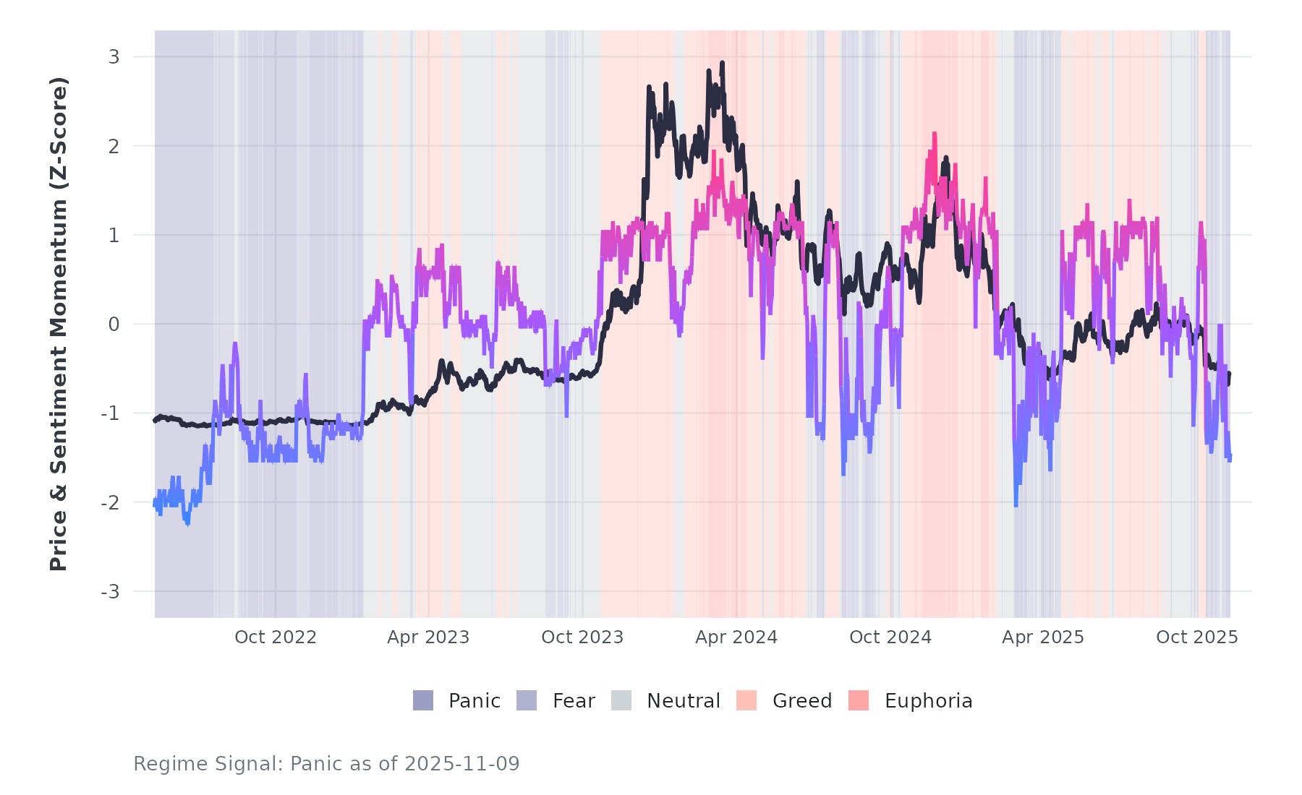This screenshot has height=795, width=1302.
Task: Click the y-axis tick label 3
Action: pos(114,57)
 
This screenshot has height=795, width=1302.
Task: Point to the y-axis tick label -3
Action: pos(111,592)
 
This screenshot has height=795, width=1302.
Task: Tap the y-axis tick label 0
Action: pos(114,325)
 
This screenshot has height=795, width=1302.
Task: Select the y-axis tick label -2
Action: pos(111,503)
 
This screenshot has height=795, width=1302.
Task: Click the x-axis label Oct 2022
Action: pos(276,637)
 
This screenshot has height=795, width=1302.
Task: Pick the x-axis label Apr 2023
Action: pos(428,637)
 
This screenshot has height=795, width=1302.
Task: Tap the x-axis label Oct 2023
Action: pos(582,637)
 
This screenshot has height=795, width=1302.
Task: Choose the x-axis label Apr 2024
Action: pos(736,637)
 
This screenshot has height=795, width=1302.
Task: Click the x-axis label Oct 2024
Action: pos(890,637)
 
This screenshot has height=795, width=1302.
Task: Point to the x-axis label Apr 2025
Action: pos(1043,637)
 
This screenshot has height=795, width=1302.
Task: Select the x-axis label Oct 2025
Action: pos(1197,637)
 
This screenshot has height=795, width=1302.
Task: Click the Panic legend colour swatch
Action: pos(423,700)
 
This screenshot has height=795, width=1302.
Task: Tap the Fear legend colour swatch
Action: pos(527,700)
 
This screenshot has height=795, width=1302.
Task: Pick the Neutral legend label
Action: pos(684,701)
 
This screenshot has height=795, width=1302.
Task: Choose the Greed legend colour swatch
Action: pos(746,700)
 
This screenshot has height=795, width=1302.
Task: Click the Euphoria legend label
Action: pos(929,701)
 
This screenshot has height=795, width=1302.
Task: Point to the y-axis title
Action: pos(59,324)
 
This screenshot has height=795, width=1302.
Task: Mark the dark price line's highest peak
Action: pos(722,64)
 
